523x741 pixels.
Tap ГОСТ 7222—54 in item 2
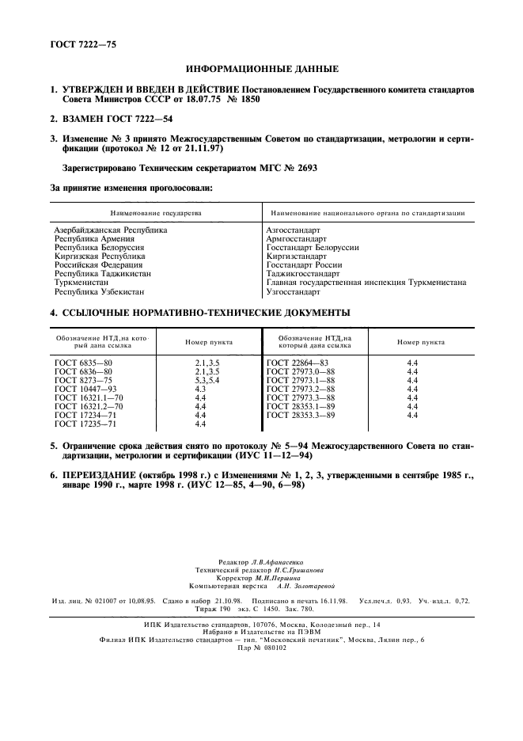tap(135, 119)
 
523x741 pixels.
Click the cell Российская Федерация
tap(98, 264)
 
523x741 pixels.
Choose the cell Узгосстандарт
tap(294, 291)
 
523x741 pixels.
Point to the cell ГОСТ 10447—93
tap(86, 388)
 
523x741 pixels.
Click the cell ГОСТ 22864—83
tap(298, 362)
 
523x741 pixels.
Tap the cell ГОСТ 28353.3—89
tap(301, 414)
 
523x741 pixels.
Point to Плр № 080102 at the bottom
tap(261, 647)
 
